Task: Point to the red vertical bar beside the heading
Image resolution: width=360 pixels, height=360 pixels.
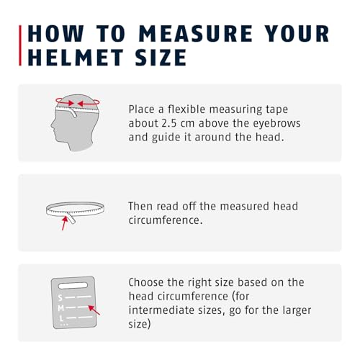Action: (20, 45)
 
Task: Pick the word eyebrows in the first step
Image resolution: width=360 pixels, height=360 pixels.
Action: (276, 123)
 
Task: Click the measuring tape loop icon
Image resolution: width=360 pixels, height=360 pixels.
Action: (74, 209)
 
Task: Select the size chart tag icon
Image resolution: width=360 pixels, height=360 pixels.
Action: (73, 302)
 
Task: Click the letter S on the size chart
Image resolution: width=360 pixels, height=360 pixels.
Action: (60, 297)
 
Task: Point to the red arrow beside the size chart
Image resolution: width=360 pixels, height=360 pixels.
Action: (94, 310)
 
